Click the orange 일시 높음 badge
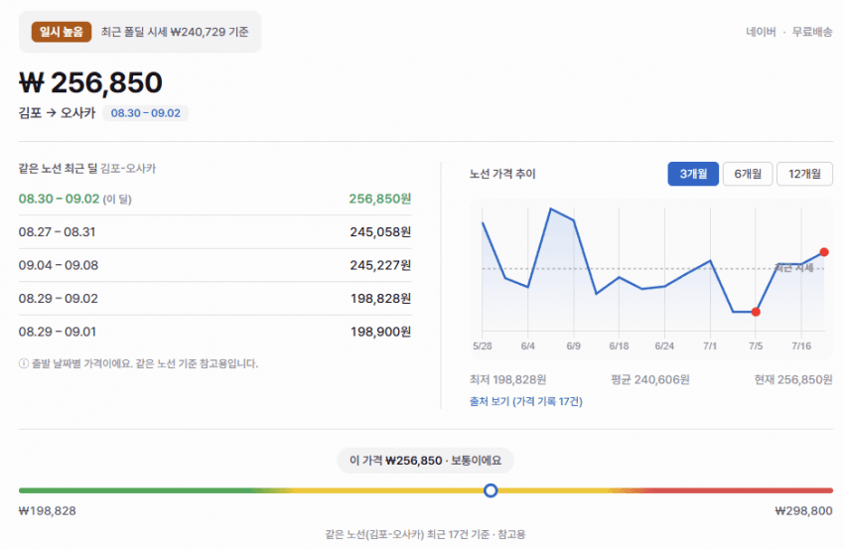pos(62,32)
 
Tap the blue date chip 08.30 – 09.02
pos(145,113)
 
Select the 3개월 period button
pos(693,174)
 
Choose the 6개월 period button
pos(748,174)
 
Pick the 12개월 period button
pos(804,174)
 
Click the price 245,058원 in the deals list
pos(380,232)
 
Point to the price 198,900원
pos(380,332)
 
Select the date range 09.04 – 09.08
pos(59,265)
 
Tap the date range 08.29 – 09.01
pos(57,332)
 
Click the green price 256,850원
pos(379,199)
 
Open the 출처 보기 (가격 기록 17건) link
pos(526,401)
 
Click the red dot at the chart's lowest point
pos(756,312)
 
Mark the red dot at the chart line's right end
pos(824,252)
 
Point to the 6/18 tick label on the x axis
pos(619,346)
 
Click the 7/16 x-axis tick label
pos(801,346)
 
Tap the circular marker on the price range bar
pos(491,490)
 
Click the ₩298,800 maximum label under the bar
pos(803,511)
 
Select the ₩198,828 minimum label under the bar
pos(48,511)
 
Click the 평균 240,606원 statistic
pos(650,380)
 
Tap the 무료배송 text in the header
pos(812,32)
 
